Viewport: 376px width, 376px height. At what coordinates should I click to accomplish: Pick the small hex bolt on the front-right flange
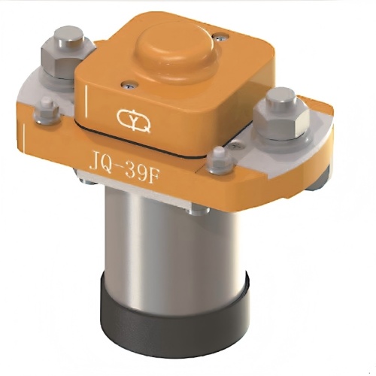[217, 156]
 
